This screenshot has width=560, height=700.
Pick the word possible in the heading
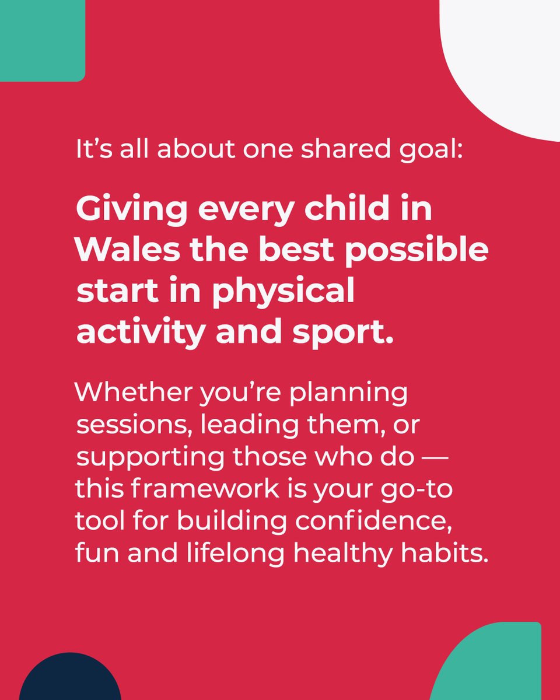point(417,250)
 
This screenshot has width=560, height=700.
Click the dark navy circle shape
point(70,679)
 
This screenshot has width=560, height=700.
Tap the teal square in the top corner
point(41,38)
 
